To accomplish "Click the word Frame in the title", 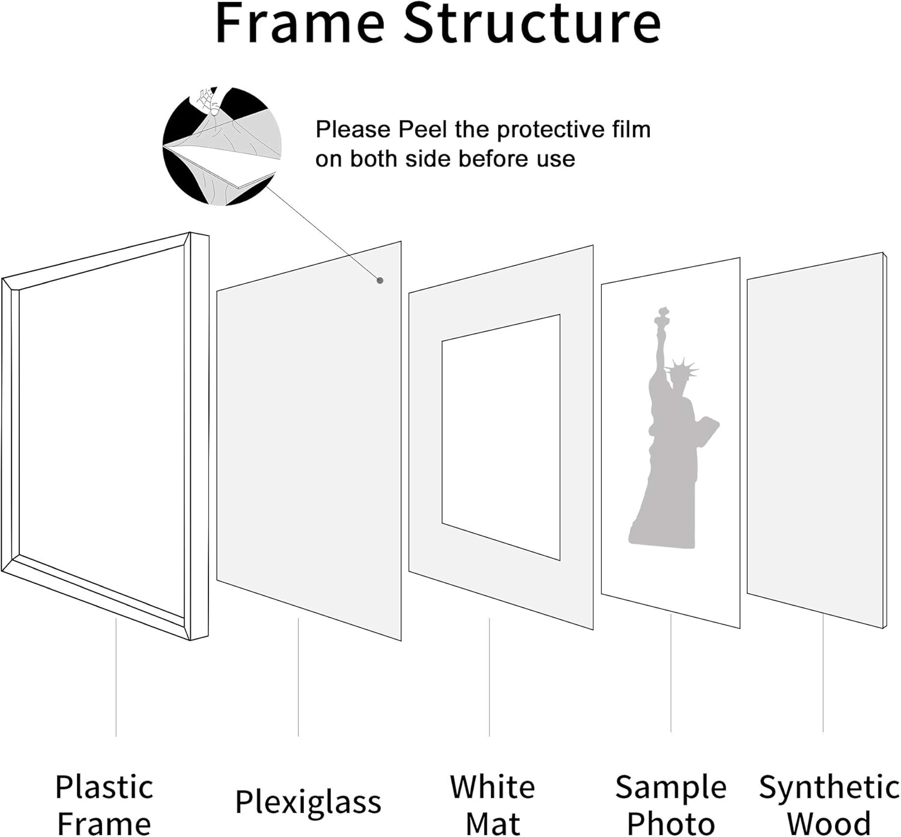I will [300, 24].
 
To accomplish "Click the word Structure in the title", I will [532, 24].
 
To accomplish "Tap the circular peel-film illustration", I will [222, 146].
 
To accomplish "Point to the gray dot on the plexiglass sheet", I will [380, 280].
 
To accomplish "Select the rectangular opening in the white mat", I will [501, 437].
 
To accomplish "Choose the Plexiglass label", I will [308, 802].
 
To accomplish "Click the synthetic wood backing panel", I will [815, 439].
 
